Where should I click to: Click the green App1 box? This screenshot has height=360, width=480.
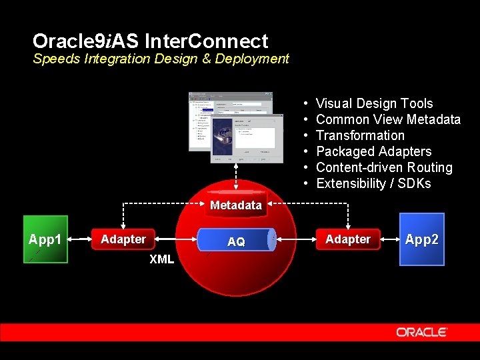click(45, 239)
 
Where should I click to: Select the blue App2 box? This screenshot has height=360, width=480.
click(421, 239)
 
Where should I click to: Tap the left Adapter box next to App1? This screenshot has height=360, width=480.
click(123, 239)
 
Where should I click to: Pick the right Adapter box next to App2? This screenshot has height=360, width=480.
click(348, 239)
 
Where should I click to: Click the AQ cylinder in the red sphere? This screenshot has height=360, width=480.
click(237, 241)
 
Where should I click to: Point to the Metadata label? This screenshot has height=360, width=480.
click(236, 205)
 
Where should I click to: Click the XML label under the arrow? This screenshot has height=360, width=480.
click(161, 259)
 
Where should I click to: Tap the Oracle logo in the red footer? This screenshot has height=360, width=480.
click(421, 332)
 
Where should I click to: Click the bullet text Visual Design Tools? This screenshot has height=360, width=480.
click(374, 103)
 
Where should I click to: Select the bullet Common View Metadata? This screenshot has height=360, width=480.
click(388, 119)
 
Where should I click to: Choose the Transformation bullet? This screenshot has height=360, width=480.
click(360, 135)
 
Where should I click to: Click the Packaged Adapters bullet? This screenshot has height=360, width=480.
click(373, 151)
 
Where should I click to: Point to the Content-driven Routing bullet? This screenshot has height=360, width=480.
click(384, 167)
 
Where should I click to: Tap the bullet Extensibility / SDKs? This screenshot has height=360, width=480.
click(373, 183)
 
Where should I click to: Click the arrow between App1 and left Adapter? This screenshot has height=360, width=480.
click(79, 238)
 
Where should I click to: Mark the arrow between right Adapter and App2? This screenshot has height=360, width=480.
click(390, 238)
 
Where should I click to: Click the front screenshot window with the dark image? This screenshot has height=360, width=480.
click(243, 137)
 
